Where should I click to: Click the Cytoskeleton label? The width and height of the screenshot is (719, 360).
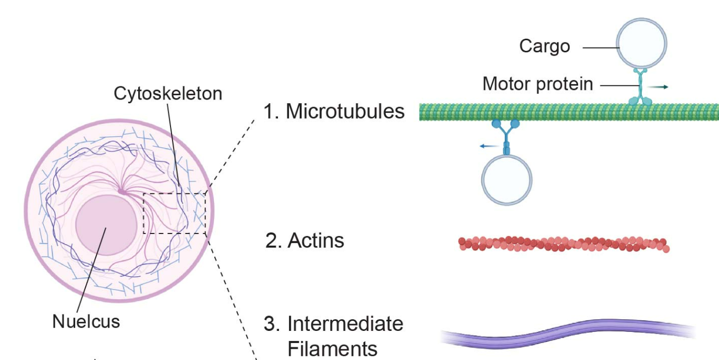(168, 94)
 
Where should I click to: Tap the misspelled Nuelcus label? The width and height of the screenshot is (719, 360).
(86, 321)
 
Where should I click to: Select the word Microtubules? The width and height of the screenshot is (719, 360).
(345, 112)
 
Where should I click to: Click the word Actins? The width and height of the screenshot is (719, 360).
(316, 240)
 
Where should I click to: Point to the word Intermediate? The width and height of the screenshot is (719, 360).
(345, 323)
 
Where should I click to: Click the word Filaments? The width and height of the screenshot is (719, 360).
(332, 349)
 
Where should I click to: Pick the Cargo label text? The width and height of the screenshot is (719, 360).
(544, 46)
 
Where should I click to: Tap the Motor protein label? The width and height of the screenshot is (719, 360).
(537, 84)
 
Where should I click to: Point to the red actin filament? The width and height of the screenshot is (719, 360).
(564, 244)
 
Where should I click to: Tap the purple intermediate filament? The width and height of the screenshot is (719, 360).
(567, 331)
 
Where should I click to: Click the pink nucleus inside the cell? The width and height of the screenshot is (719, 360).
(106, 225)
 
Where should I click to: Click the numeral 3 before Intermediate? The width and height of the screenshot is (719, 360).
(271, 323)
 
